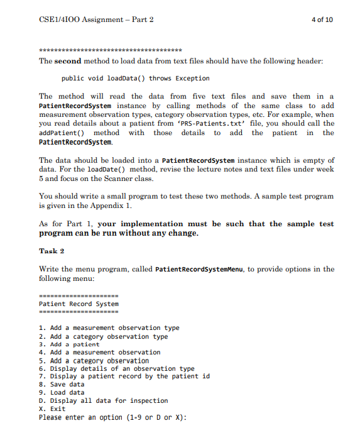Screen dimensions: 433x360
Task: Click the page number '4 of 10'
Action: click(x=322, y=19)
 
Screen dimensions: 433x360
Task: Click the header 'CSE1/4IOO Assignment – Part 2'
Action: click(x=96, y=19)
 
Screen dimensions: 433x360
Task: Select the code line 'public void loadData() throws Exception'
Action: click(x=136, y=79)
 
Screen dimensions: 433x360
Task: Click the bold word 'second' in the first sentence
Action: click(x=68, y=62)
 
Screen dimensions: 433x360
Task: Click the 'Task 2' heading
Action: click(x=52, y=251)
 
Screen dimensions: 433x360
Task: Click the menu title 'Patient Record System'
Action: click(x=79, y=304)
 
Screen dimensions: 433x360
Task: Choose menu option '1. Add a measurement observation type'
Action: click(x=109, y=327)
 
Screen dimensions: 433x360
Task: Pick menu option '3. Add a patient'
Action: click(x=69, y=344)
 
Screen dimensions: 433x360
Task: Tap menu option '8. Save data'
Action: click(x=61, y=384)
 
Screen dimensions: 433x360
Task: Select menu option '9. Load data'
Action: click(x=61, y=392)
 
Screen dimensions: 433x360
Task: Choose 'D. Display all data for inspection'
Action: click(x=103, y=400)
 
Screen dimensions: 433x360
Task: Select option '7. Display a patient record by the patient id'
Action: click(x=124, y=376)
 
